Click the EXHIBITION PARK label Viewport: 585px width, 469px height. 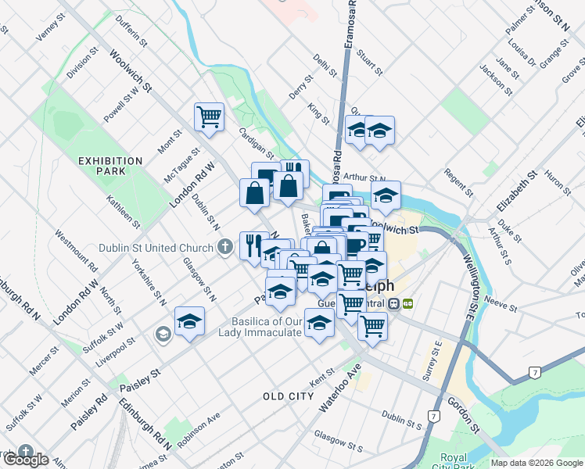pyautogui.click(x=110, y=166)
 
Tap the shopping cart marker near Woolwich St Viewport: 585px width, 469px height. pyautogui.click(x=209, y=118)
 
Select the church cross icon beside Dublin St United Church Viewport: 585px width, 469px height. pyautogui.click(x=224, y=249)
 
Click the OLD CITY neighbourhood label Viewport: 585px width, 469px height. pyautogui.click(x=289, y=397)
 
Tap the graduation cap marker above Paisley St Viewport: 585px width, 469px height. pyautogui.click(x=189, y=321)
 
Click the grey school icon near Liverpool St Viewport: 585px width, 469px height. pyautogui.click(x=163, y=335)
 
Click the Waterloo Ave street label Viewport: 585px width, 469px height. pyautogui.click(x=338, y=388)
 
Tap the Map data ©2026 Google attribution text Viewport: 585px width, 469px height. pyautogui.click(x=536, y=463)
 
